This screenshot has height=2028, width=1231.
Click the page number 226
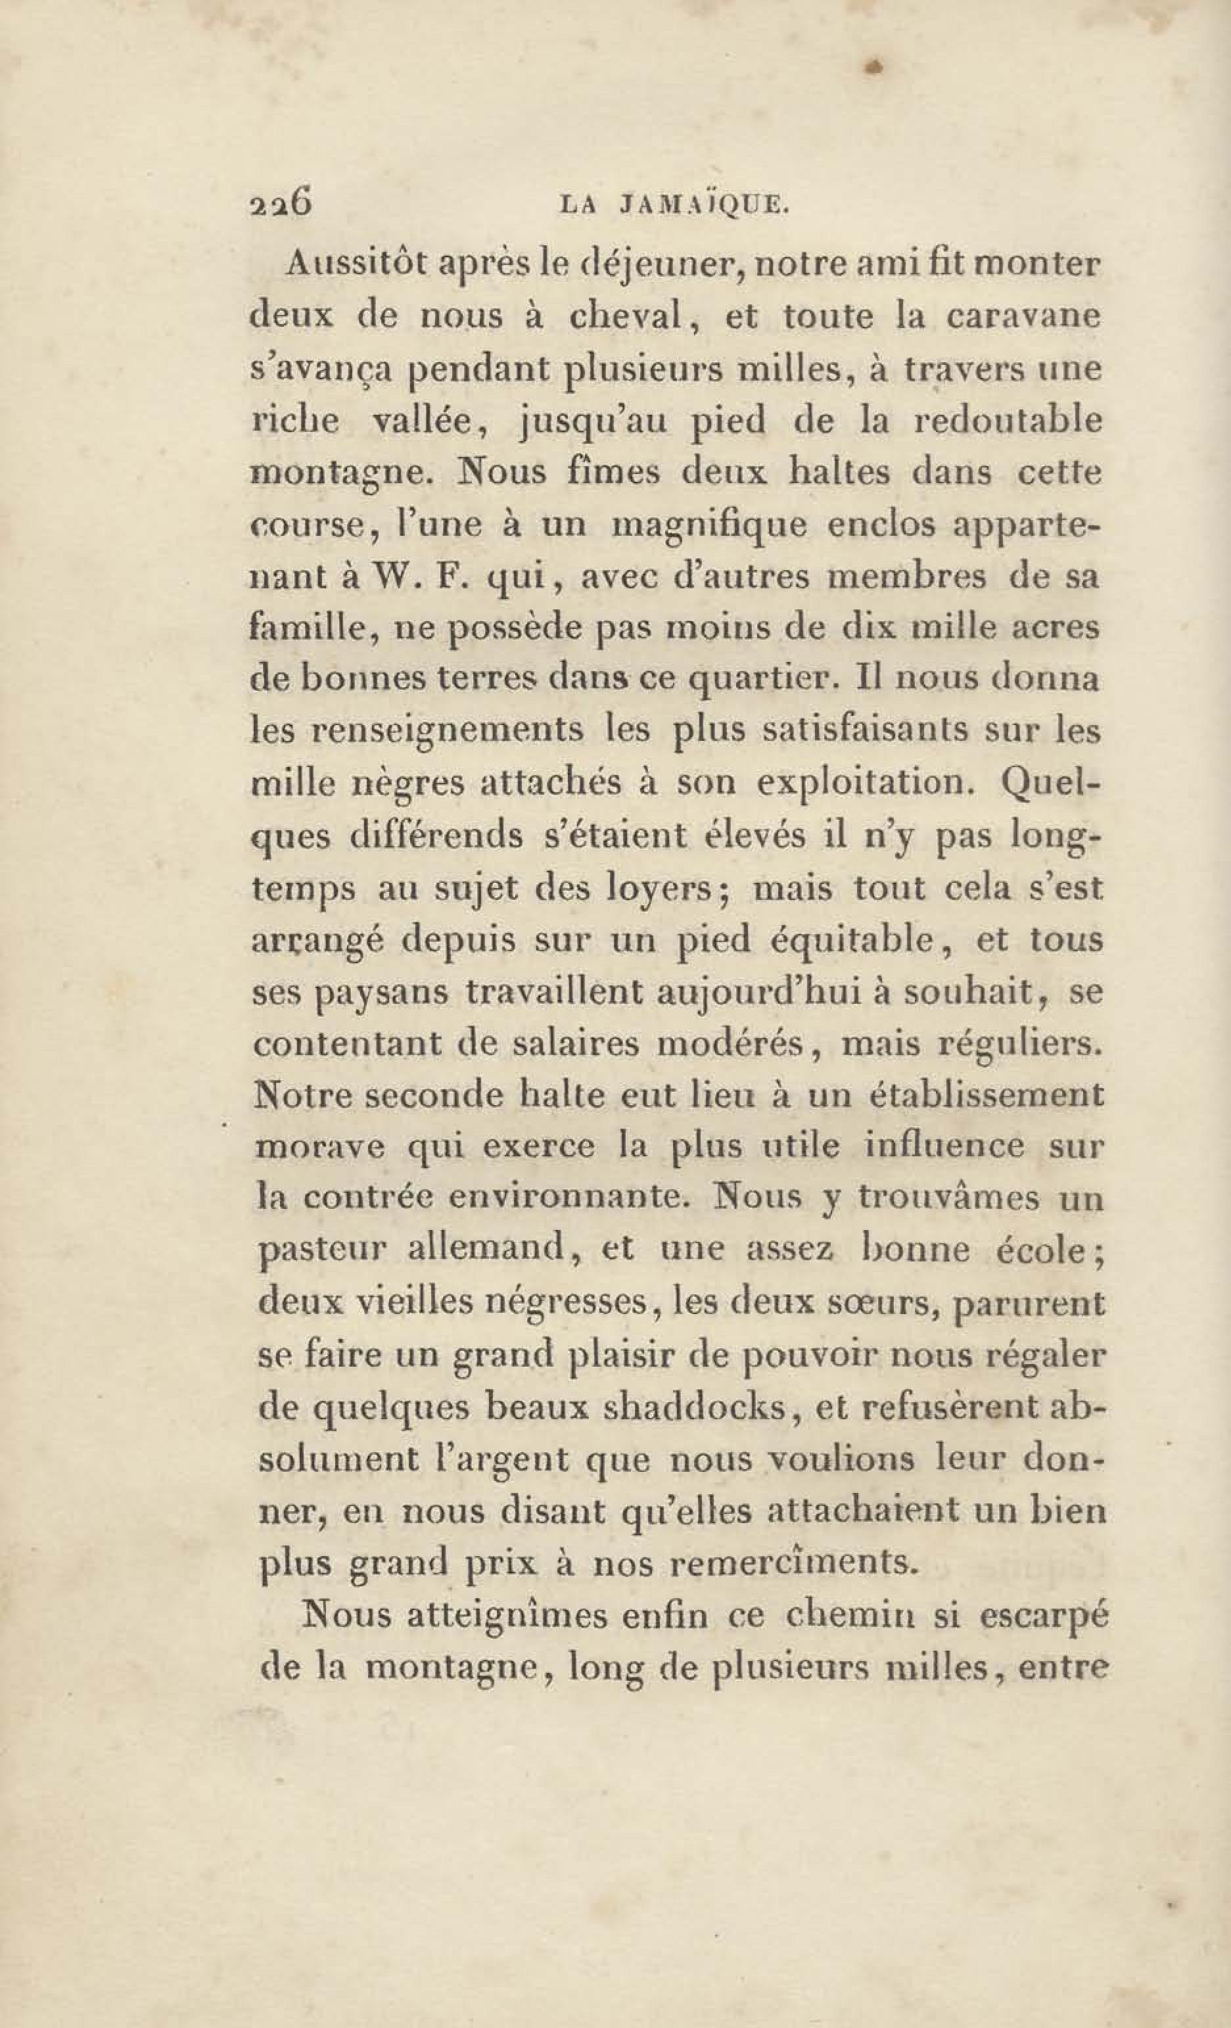(280, 202)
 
